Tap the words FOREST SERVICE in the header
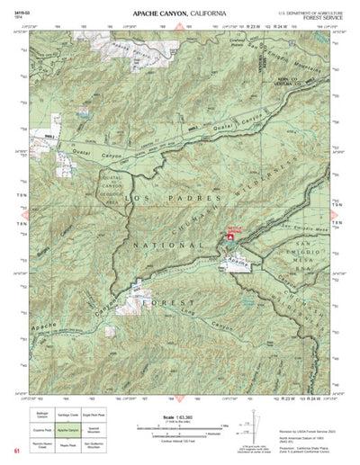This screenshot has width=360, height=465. [x=324, y=17]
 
